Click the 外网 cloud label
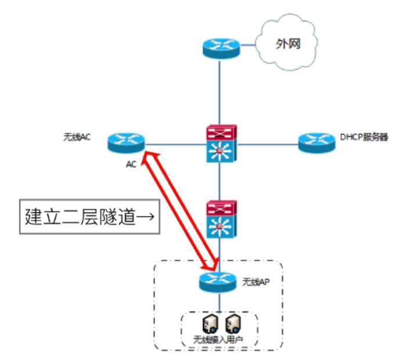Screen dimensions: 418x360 [x=288, y=44]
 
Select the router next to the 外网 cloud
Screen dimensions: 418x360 [x=221, y=48]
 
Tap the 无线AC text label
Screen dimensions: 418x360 [x=77, y=137]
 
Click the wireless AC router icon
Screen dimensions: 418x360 [x=126, y=143]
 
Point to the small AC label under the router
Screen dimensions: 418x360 [x=131, y=164]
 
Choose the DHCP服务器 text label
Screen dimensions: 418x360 [x=364, y=137]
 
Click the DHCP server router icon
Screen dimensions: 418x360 [x=317, y=143]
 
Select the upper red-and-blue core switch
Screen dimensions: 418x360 [x=221, y=143]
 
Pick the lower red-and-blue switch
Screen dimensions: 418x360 [x=221, y=219]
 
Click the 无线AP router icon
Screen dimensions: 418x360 [x=218, y=282]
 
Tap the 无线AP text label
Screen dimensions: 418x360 [x=256, y=282]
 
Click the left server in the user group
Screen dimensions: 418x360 [x=210, y=323]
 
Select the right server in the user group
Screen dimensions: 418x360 [x=233, y=323]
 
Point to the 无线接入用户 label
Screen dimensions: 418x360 [x=218, y=340]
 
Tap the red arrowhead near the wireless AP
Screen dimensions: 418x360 [x=212, y=264]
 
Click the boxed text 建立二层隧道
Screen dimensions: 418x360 [x=80, y=217]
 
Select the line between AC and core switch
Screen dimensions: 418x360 [x=176, y=145]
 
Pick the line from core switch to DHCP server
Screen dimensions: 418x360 [x=268, y=145]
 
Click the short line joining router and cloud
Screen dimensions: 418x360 [x=248, y=45]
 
